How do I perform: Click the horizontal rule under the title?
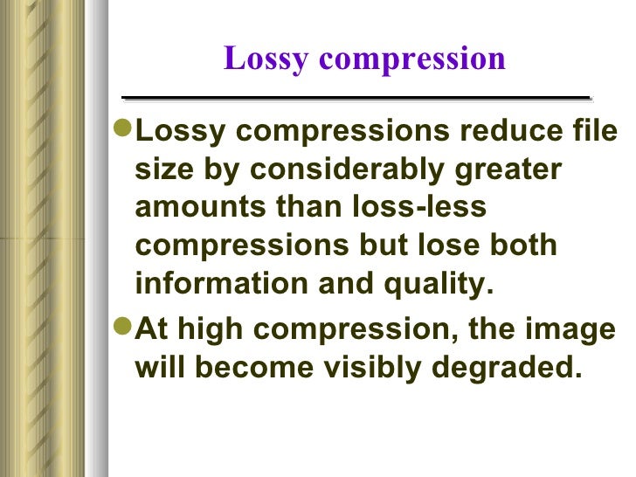356,97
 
